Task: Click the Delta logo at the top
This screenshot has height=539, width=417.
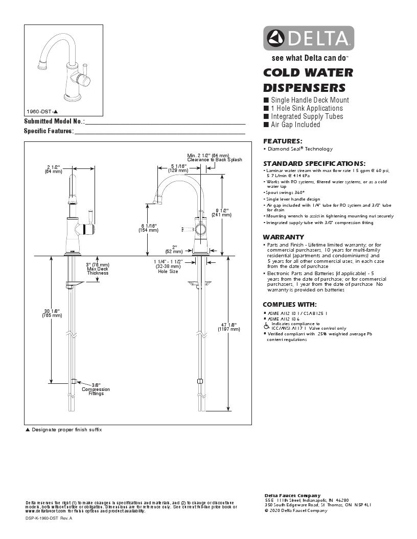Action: (309, 38)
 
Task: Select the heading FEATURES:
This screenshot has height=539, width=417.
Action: (283, 141)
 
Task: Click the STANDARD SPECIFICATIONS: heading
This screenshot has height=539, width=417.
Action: (314, 163)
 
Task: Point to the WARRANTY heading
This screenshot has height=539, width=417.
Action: (283, 237)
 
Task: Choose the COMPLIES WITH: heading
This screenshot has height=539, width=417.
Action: (289, 305)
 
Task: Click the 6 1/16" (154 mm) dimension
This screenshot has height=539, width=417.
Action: (148, 228)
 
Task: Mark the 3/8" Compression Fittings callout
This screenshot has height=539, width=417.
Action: (96, 389)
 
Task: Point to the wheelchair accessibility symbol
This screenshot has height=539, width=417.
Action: (266, 325)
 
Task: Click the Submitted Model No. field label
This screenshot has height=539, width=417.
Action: (54, 121)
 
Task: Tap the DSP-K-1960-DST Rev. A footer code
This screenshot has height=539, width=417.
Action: (49, 518)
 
